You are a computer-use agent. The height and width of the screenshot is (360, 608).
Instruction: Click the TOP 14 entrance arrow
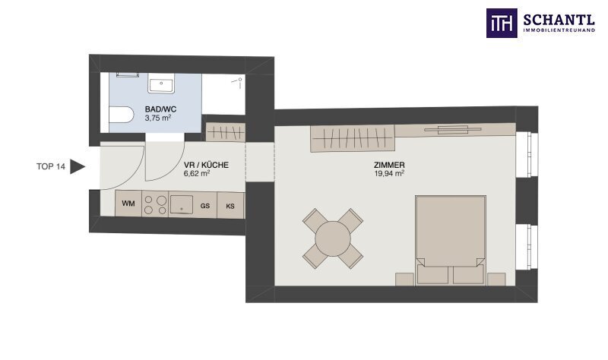tap(78, 166)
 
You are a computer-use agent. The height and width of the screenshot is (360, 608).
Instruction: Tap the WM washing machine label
tap(128, 204)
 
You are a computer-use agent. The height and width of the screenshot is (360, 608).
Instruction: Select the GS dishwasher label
tap(205, 206)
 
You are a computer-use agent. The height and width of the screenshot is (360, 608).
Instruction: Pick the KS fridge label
tap(230, 206)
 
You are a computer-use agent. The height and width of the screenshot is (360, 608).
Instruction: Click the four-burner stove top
tap(155, 204)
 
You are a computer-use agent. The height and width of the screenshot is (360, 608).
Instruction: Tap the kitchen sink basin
tap(182, 204)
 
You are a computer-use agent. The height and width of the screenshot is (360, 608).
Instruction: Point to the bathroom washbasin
tap(161, 83)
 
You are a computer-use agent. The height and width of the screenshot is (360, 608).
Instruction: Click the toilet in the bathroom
tap(121, 115)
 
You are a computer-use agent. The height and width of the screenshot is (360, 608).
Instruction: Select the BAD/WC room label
tap(160, 109)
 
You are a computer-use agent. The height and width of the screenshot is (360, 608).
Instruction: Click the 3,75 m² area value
tap(158, 118)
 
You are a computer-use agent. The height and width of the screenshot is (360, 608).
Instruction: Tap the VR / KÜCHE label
tap(206, 165)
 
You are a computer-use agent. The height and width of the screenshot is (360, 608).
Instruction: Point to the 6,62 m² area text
tap(197, 173)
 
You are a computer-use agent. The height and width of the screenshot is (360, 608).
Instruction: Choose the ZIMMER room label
tap(389, 166)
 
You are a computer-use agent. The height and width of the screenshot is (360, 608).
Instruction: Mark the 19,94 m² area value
tap(389, 174)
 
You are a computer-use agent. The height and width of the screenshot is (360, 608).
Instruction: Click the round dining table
tap(333, 238)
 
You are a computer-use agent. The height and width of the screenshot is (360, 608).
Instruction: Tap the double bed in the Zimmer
tap(450, 240)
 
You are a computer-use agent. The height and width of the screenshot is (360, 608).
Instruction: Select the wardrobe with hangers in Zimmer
tap(353, 138)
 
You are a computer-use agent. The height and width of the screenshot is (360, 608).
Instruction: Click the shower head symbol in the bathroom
tap(237, 81)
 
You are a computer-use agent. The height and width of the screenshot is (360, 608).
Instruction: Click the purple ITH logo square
tap(502, 24)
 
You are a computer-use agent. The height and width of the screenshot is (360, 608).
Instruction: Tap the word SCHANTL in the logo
tap(559, 20)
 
